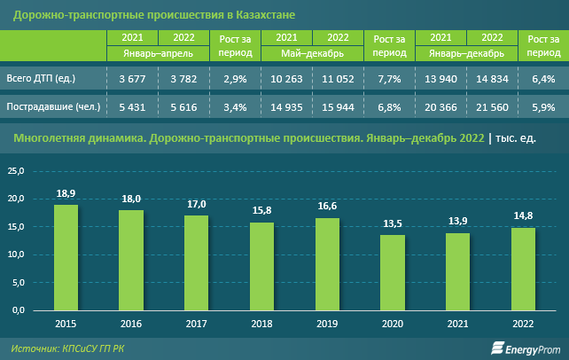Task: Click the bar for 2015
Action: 66,258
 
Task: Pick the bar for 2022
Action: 523,270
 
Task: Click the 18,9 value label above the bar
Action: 66,193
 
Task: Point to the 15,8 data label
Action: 261,211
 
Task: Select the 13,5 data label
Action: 393,224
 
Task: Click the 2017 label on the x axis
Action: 196,323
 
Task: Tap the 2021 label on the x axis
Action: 457,323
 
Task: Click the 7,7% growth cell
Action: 390,80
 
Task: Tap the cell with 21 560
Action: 492,107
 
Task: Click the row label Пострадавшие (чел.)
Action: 51,107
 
